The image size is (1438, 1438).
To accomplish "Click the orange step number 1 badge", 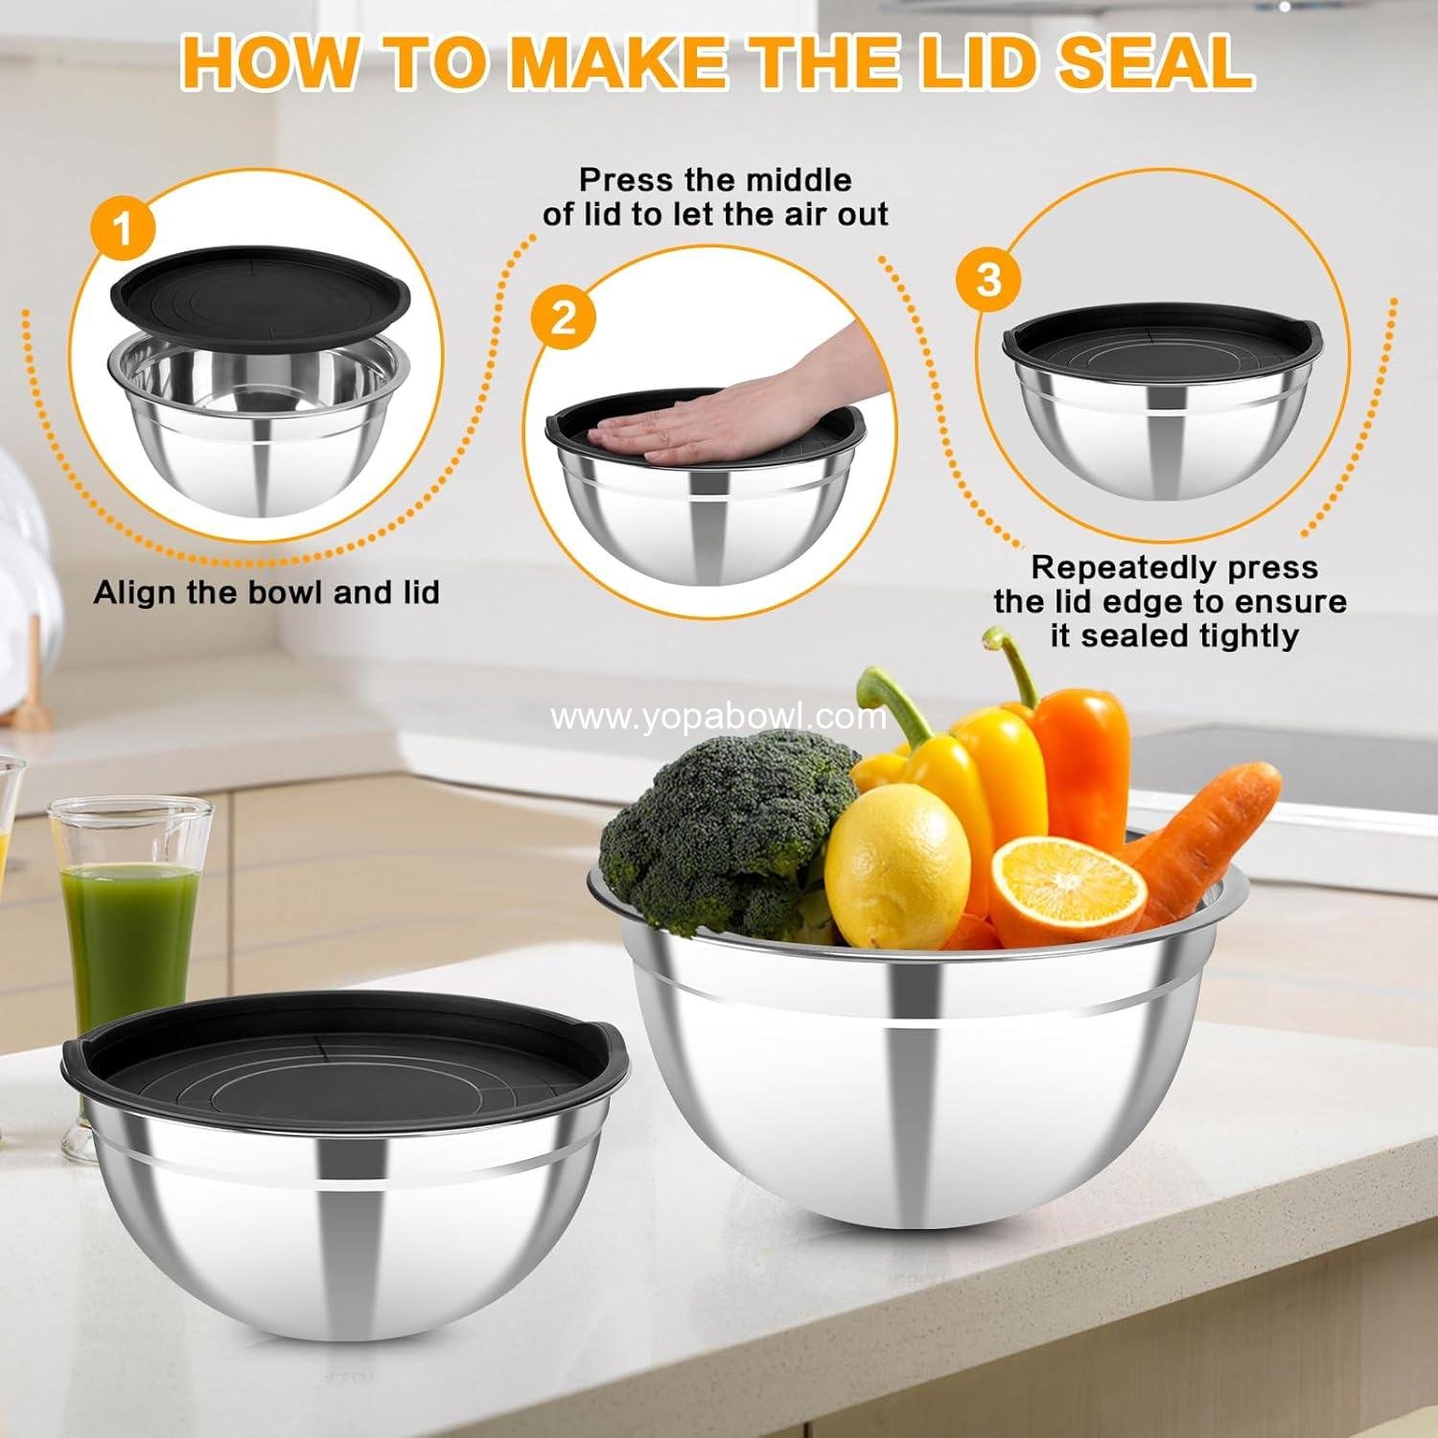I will (123, 230).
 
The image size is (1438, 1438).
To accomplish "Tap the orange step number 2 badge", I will (563, 317).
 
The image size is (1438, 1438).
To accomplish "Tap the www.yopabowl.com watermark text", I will (719, 717).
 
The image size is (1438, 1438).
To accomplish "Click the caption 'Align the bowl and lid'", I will (267, 592).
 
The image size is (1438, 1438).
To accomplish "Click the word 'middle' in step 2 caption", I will (789, 180).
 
